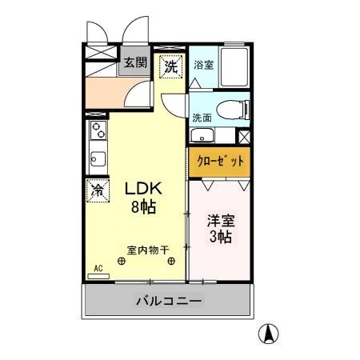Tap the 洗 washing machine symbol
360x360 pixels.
coord(171,67)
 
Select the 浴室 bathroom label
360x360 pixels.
coord(204,66)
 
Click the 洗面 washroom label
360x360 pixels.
coord(202,118)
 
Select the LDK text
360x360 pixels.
coord(143,189)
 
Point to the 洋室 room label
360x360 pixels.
coord(221,219)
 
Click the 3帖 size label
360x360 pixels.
coord(221,237)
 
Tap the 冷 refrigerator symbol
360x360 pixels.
coord(97,190)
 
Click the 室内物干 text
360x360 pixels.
coord(146,250)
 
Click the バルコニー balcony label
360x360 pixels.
coord(169,302)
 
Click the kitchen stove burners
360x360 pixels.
coord(97,130)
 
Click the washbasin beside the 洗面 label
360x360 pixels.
coord(202,135)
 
